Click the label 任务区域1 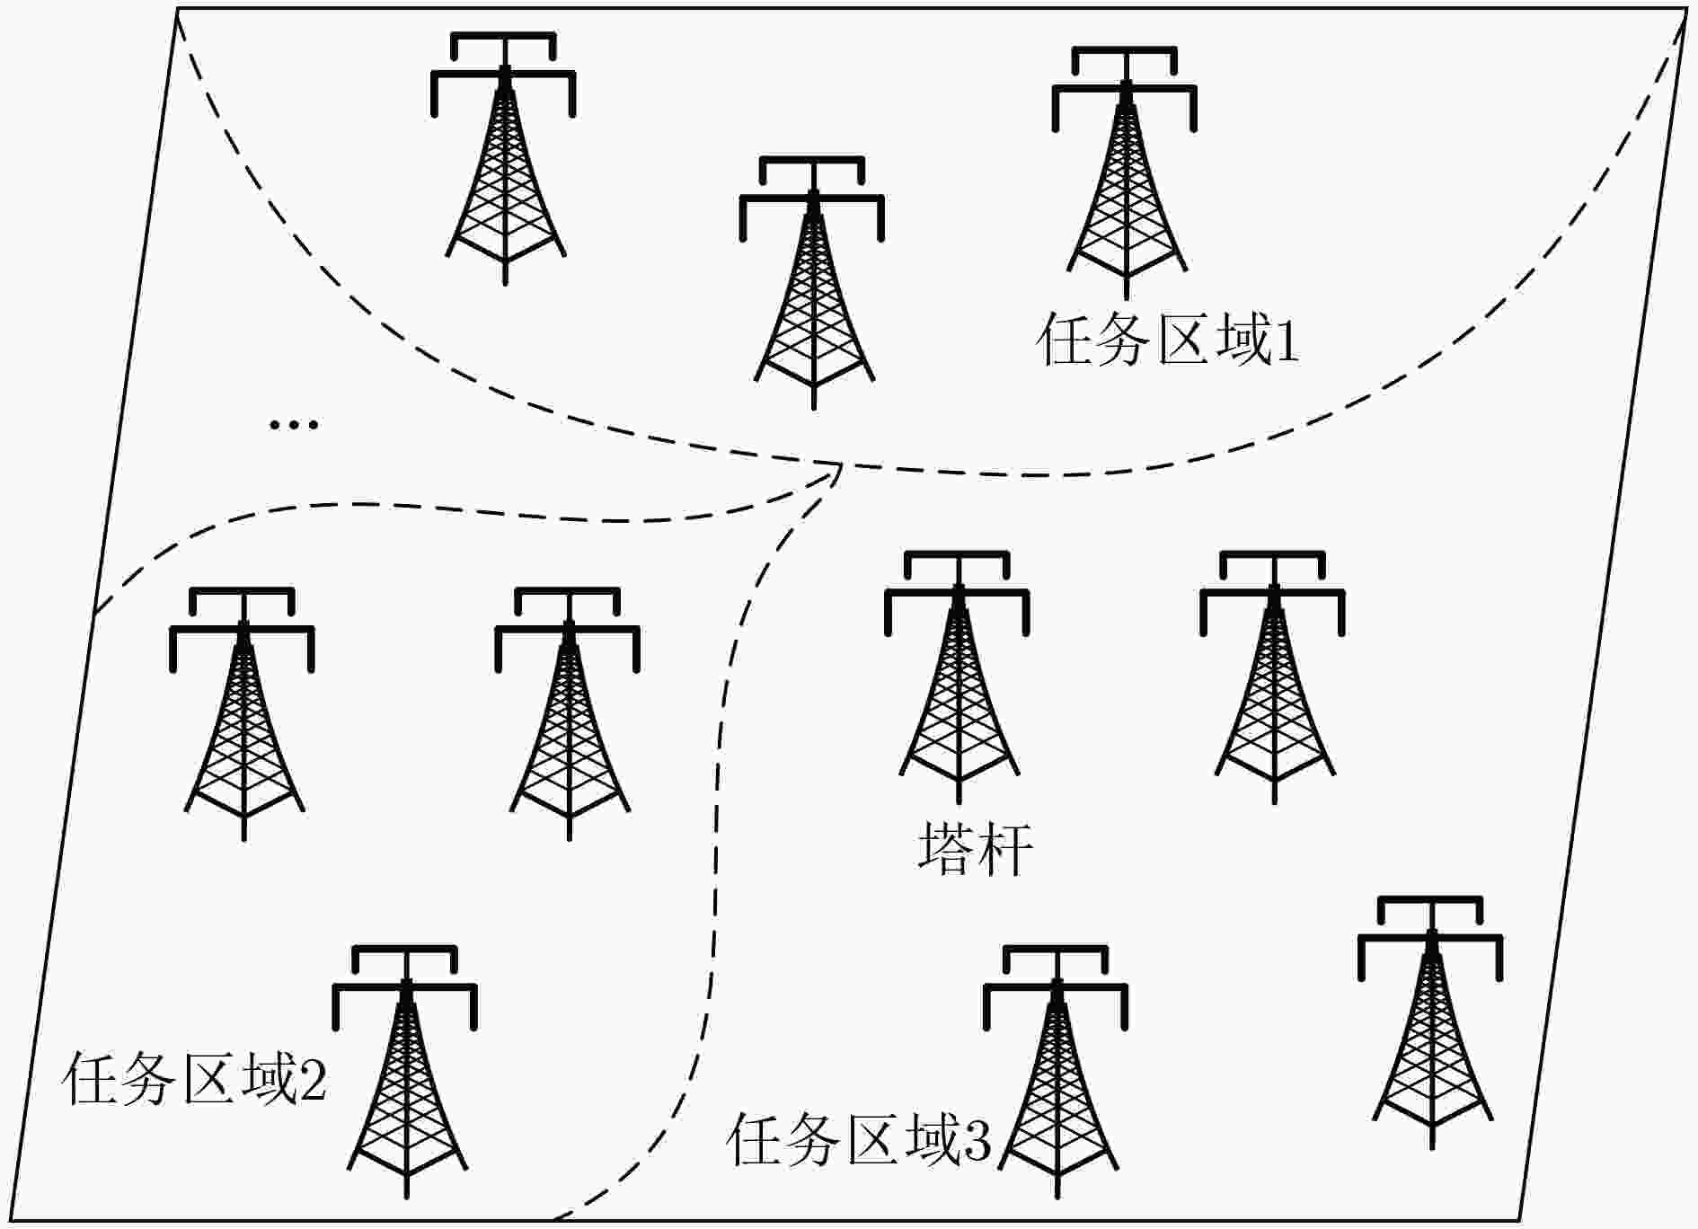coord(1168,340)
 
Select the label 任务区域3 coord(859,1140)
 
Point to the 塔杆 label coord(975,848)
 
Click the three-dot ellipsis coord(294,424)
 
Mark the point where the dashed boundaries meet coord(841,464)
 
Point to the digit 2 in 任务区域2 coord(313,1080)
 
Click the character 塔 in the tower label coord(946,848)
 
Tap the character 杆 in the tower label coord(1004,848)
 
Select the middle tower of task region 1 coord(812,283)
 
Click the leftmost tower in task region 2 coord(243,714)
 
